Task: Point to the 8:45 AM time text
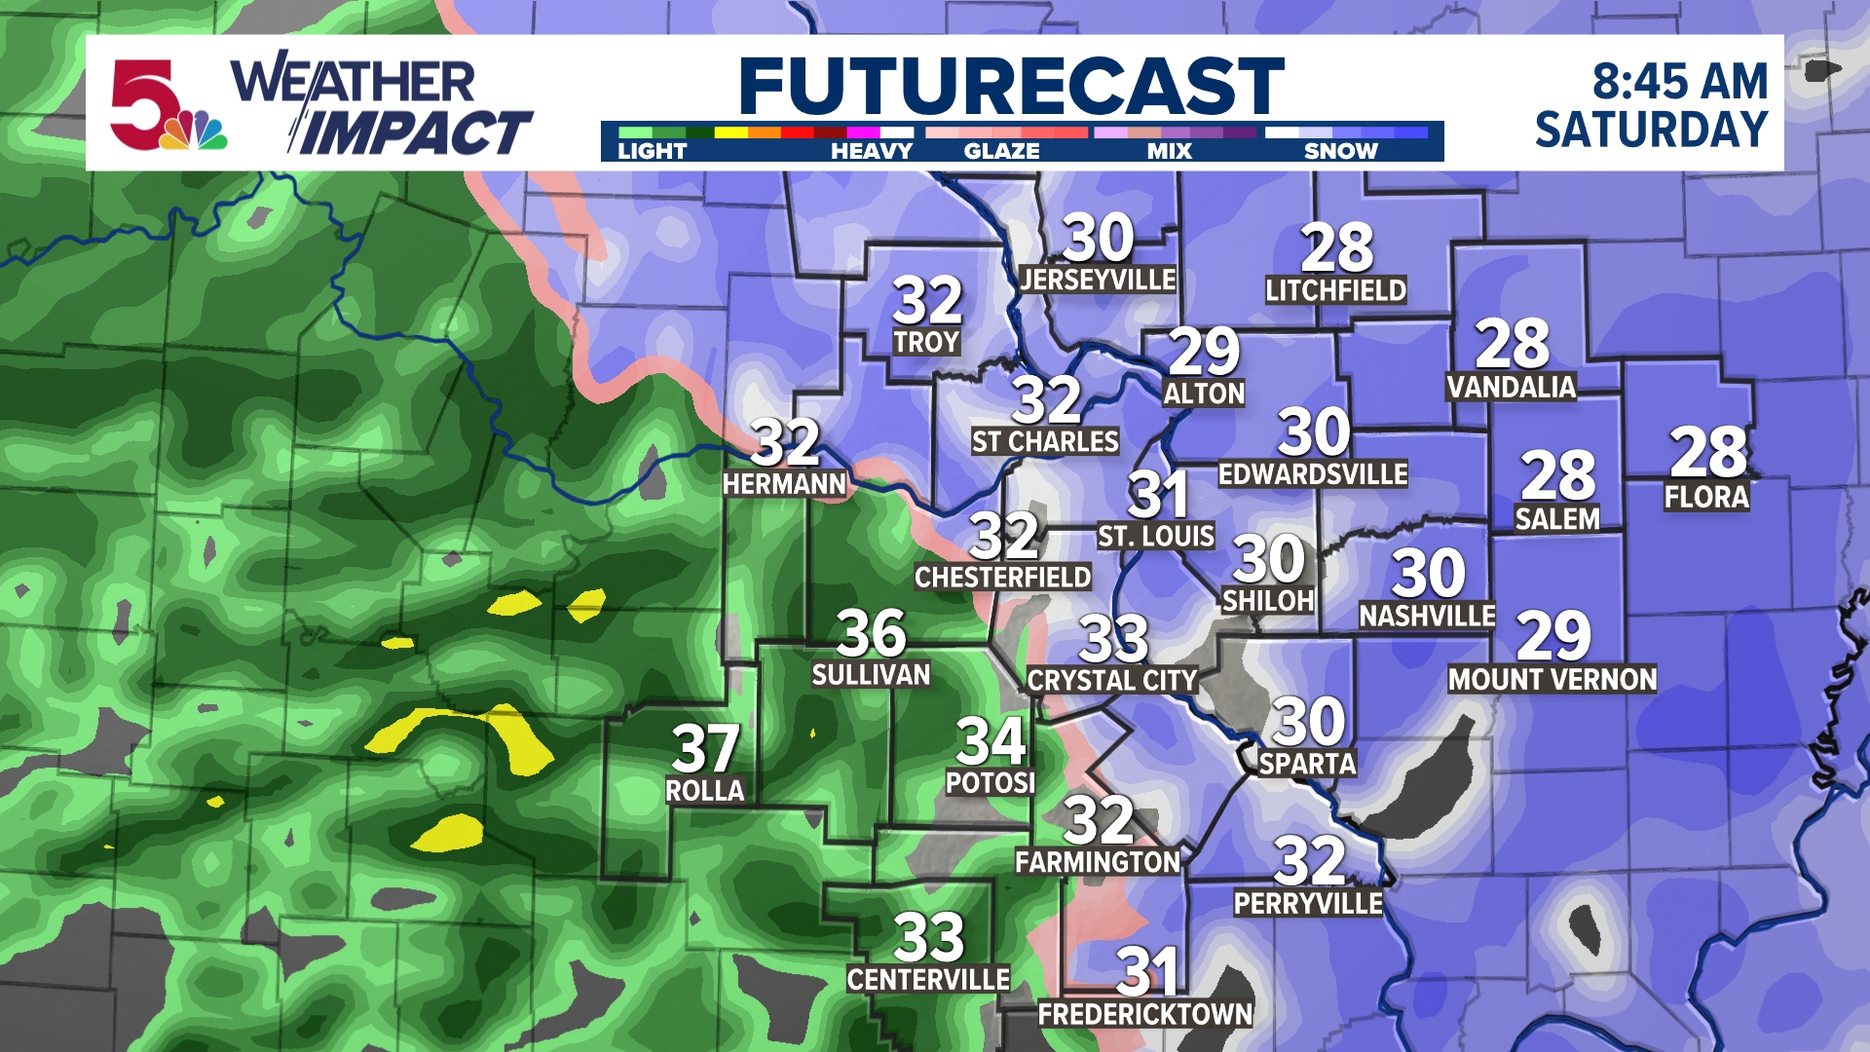pos(1679,82)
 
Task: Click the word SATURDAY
pos(1651,131)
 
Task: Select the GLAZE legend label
pos(1001,151)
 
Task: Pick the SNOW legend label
pos(1340,151)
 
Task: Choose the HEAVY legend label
pos(871,151)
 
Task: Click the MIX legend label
pos(1169,151)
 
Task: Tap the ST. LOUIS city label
pos(1156,537)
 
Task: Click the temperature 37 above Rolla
pos(705,748)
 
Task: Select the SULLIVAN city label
pos(871,675)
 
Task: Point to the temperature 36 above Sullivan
pos(871,633)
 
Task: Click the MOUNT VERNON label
pos(1552,680)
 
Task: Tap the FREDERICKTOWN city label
pos(1145,1015)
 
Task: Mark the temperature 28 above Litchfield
pos(1336,248)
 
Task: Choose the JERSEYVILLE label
pos(1098,281)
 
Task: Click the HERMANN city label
pos(784,484)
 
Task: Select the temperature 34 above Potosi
pos(991,741)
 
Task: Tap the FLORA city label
pos(1706,498)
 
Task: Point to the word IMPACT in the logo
pos(414,133)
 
